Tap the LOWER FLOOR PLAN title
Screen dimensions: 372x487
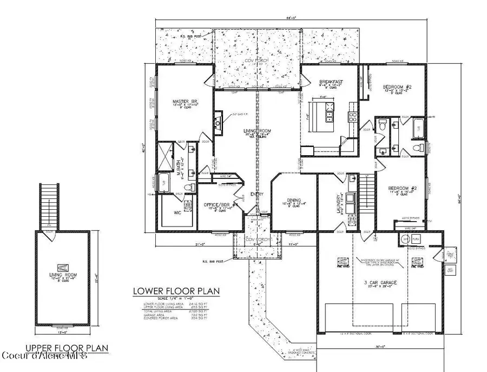pos(176,291)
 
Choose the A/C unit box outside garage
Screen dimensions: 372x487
pos(449,269)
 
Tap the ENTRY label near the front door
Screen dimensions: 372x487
pos(255,195)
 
